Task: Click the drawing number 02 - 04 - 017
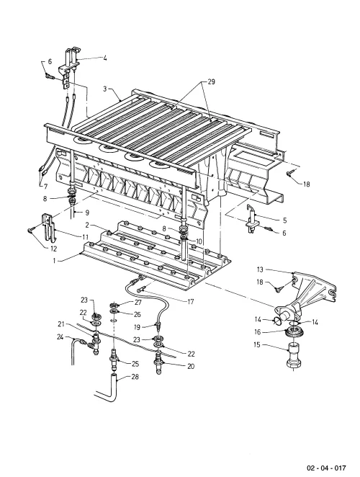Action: pos(326,468)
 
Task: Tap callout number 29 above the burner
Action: pos(211,82)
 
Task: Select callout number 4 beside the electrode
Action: pos(105,58)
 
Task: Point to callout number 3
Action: pos(105,89)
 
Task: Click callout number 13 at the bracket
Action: pos(260,269)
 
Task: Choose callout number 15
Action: pos(258,345)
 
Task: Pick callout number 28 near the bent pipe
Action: pos(135,377)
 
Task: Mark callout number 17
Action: pos(191,302)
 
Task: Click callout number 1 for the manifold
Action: pos(55,261)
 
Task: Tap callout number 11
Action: pos(85,236)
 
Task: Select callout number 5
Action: pos(284,220)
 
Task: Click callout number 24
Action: pos(60,336)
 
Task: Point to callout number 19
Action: pos(138,327)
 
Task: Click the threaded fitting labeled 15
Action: pos(294,355)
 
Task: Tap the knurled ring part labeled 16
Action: pos(294,332)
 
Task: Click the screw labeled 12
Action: pos(31,230)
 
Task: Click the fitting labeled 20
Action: pos(158,364)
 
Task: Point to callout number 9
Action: pos(86,212)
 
